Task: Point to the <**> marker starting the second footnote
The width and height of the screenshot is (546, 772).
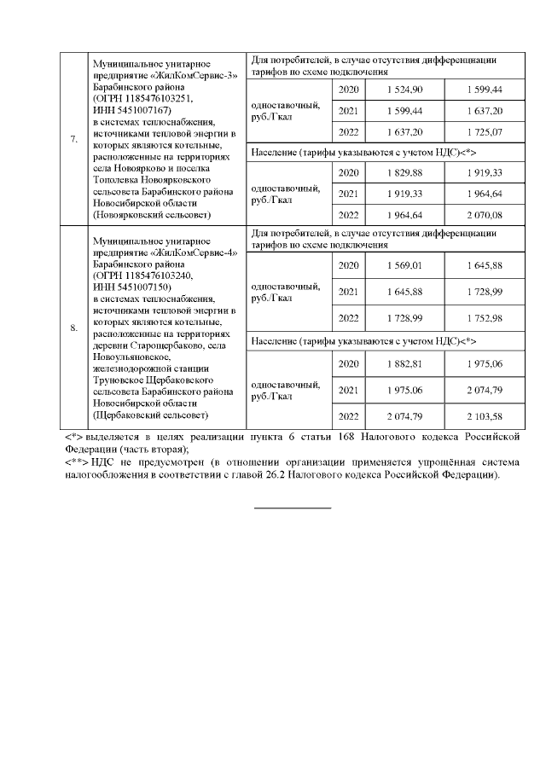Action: point(78,461)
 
